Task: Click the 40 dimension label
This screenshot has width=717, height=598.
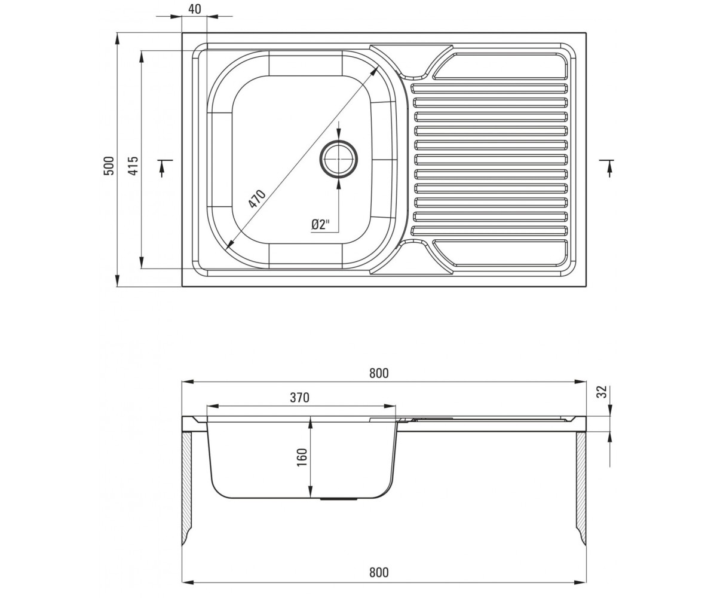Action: click(195, 10)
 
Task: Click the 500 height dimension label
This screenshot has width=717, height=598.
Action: click(109, 166)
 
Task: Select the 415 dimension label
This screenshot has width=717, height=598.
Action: click(133, 166)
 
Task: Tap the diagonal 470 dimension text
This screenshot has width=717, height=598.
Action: click(257, 199)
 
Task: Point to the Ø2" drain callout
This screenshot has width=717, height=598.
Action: click(320, 225)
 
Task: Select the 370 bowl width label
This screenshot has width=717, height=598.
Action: click(300, 398)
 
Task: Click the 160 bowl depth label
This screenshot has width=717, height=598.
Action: click(302, 457)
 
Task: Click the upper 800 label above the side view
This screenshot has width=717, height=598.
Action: click(379, 373)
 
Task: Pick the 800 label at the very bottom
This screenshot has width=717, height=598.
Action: click(379, 572)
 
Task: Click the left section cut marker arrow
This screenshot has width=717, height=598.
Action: click(163, 169)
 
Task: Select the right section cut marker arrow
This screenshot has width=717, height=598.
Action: click(609, 169)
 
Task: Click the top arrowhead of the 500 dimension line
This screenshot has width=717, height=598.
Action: click(118, 38)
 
